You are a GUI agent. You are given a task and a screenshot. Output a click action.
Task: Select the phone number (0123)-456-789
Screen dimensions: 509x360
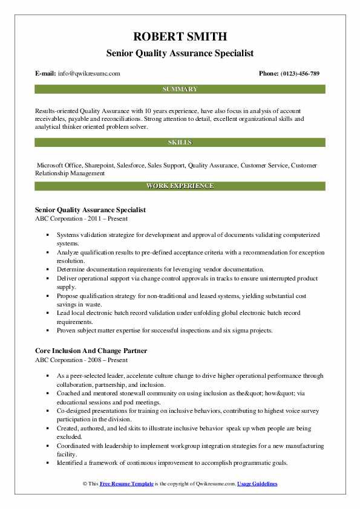coord(298,73)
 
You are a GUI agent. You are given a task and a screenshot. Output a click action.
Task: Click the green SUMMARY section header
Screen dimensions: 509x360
coord(180,89)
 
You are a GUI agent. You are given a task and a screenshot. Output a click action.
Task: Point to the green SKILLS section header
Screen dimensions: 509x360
coord(180,142)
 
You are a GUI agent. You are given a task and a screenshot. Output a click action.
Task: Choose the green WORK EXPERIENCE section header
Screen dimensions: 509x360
coord(180,186)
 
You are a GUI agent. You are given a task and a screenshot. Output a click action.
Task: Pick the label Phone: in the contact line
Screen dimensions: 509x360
coord(269,73)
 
